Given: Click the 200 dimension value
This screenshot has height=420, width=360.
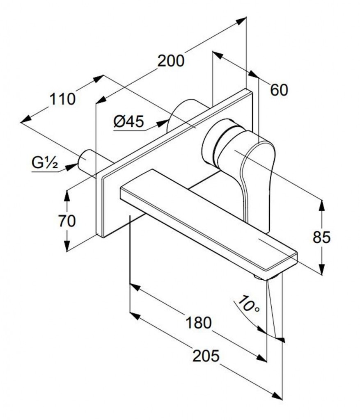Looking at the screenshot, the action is pos(171,61).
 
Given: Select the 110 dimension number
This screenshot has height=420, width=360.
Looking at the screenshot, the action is pos(62,99).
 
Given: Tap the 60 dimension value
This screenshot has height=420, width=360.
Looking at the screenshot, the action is pos(279,90).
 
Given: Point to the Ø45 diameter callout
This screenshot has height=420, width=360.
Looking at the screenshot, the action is pos(128,121).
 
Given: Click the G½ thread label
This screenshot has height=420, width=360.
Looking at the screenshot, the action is pos(44,162).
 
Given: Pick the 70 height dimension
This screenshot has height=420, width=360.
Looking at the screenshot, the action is pos(67,221).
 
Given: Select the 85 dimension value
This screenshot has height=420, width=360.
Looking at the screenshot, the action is pos(322,237).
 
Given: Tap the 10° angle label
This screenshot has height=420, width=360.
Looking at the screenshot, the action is pos(249,304).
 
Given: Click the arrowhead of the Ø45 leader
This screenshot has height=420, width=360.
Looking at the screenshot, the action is pos(162,123).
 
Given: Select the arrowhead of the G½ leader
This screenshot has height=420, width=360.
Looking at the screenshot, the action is pos(71,167).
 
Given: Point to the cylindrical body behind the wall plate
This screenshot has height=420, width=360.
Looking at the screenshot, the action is pos(188,112).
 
